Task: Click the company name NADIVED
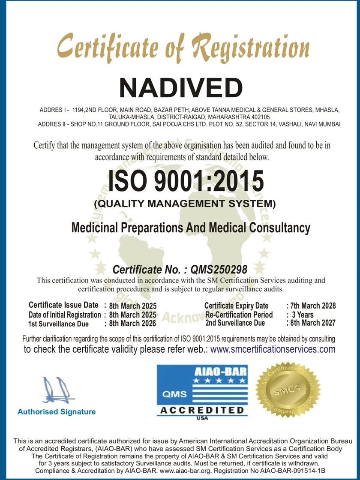point(180,87)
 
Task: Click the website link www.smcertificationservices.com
point(273,349)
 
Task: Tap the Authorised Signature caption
point(57,412)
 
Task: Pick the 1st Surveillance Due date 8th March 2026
point(133,324)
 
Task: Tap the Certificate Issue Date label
point(63,305)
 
